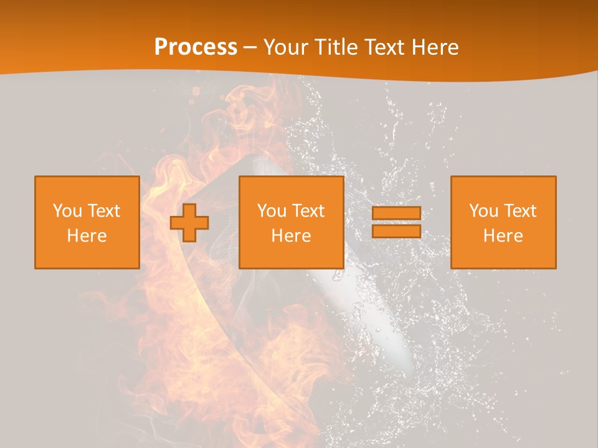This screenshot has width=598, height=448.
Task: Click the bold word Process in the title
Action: pyautogui.click(x=196, y=47)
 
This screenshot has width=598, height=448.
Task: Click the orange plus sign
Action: pyautogui.click(x=189, y=223)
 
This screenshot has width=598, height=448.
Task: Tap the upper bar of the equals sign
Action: pyautogui.click(x=396, y=213)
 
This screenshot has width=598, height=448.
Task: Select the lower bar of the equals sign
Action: pyautogui.click(x=396, y=231)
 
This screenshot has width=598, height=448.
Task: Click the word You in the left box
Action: pyautogui.click(x=67, y=211)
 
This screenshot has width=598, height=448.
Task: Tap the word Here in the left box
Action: pyautogui.click(x=87, y=236)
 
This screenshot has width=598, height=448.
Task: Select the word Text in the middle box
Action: pyautogui.click(x=308, y=211)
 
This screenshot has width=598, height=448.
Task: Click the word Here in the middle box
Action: pyautogui.click(x=291, y=236)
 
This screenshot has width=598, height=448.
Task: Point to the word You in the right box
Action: pyautogui.click(x=483, y=211)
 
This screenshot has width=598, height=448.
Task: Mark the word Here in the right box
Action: pyautogui.click(x=503, y=236)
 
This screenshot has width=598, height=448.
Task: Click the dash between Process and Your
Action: pyautogui.click(x=250, y=47)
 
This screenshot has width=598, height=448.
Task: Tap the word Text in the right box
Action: pyautogui.click(x=520, y=211)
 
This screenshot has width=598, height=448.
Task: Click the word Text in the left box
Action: pyautogui.click(x=103, y=211)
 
